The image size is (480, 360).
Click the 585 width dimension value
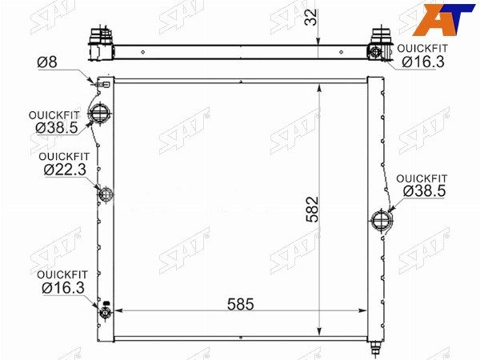coord(241,304)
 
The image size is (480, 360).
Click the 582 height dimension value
coord(313,209)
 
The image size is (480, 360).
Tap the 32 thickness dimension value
coord(311,18)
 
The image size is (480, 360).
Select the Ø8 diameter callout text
coord(47,62)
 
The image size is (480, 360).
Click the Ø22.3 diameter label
coord(65,170)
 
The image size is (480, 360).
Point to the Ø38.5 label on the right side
coord(424,191)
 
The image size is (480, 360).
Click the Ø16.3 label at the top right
coord(423,62)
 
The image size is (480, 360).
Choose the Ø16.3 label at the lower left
coord(63,288)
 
